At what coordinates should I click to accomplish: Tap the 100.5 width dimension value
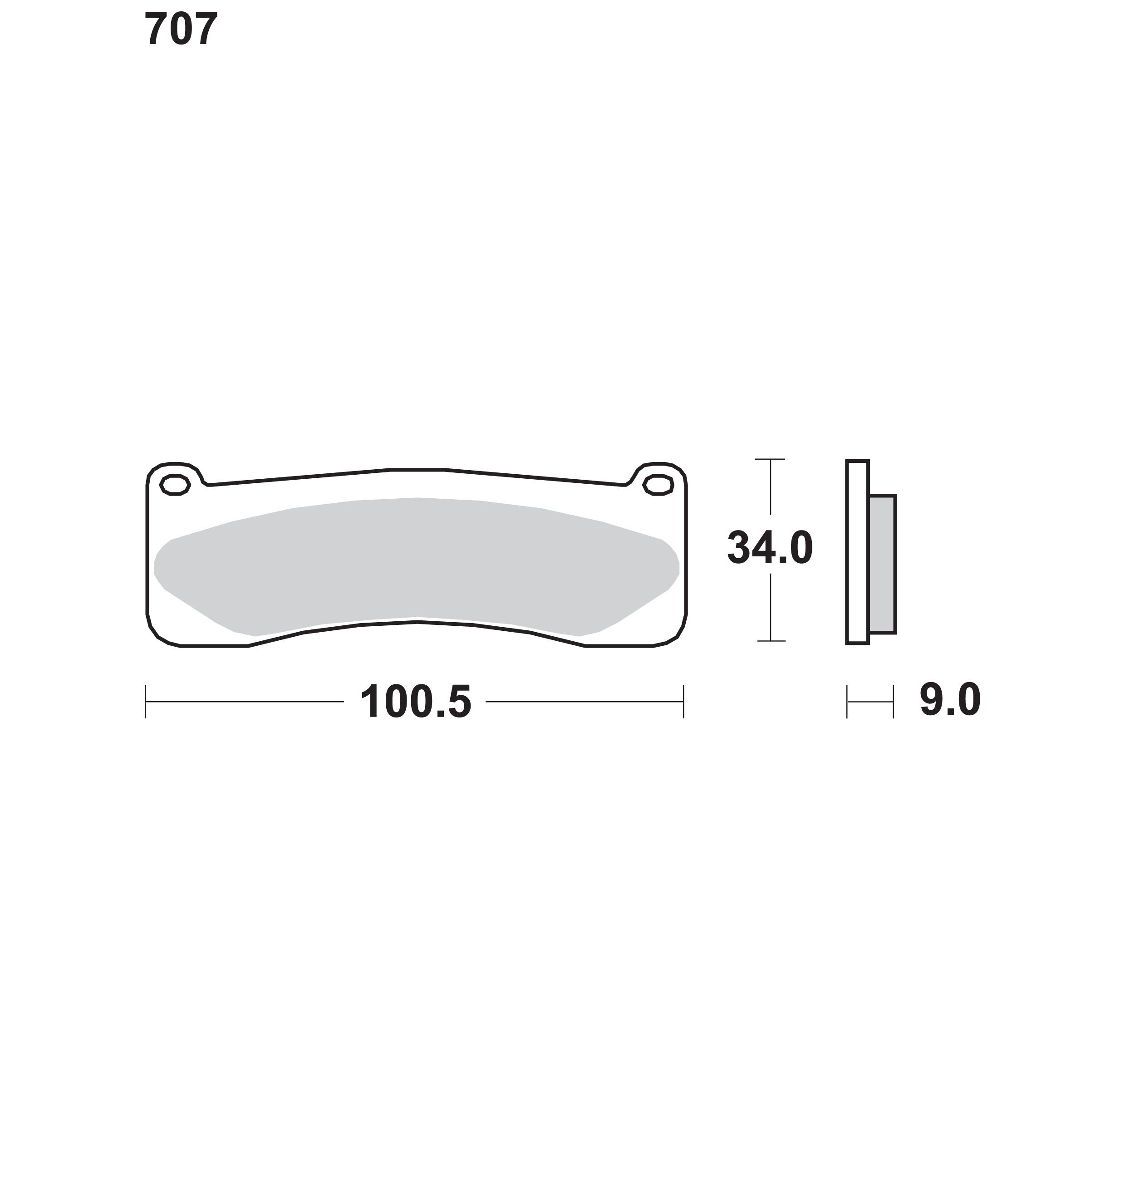416,701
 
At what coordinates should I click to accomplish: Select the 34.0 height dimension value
770,547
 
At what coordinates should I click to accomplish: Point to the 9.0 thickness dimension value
950,699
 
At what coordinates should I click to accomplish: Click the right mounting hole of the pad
658,485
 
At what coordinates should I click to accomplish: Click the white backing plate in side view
858,552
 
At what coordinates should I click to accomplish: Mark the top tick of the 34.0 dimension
770,459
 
